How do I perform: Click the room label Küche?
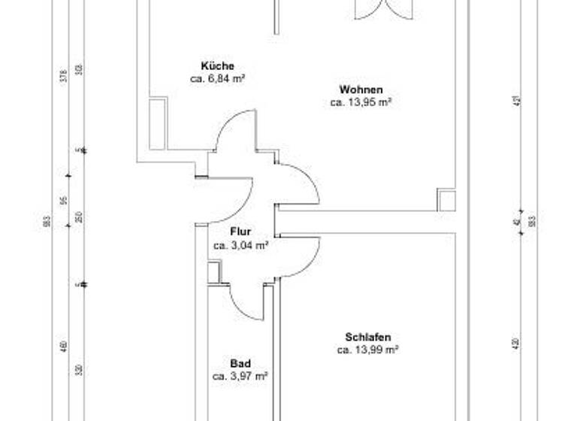coord(217,65)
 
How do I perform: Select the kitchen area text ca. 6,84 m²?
coord(219,77)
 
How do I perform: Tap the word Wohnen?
coord(361,89)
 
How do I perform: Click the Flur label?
coord(240,232)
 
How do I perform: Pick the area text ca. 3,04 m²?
coord(240,245)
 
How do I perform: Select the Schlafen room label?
coord(368,337)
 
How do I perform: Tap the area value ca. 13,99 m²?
coord(367,350)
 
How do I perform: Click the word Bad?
coord(240,363)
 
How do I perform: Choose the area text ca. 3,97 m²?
coord(240,375)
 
